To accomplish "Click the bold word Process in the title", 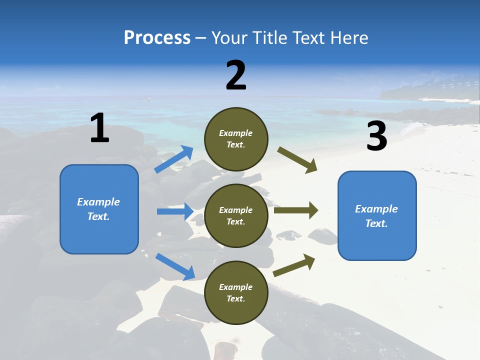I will pos(157,38).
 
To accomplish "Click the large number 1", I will pos(99,128).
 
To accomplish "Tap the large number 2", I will pos(236,75).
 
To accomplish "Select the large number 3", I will pos(376,136).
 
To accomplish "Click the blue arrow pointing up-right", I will pos(174,159).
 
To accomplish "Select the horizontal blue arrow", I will pos(175,211).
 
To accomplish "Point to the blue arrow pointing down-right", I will pos(175,266).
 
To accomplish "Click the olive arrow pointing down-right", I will pos(297,160).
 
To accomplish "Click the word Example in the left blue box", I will pos(98,202).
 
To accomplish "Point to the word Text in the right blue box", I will pos(376,223).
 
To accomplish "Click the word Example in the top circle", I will pos(235,133).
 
